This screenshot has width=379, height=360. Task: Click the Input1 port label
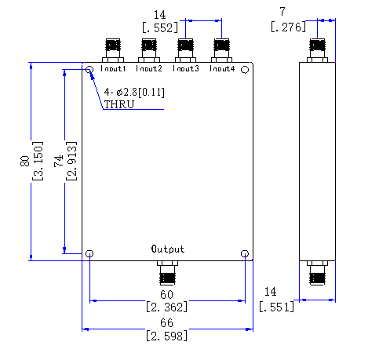(113, 68)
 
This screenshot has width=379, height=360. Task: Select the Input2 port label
(149, 68)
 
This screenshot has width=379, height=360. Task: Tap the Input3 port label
(186, 68)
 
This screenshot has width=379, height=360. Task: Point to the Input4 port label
(222, 68)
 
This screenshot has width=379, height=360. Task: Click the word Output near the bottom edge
(168, 249)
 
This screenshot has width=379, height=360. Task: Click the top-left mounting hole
(89, 70)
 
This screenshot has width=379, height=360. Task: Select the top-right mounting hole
(245, 70)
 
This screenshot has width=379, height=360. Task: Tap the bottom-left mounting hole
(89, 253)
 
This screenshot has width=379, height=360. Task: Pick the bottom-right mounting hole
(245, 253)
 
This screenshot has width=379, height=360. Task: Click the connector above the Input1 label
(113, 50)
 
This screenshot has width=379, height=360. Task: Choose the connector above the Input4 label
(221, 50)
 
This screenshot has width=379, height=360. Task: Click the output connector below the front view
(167, 273)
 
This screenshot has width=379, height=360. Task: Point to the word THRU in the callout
(119, 104)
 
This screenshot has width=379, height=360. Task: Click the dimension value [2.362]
(167, 307)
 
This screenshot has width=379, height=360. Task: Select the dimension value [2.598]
(167, 336)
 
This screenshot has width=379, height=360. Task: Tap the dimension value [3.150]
(38, 161)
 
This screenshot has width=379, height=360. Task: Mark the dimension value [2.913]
(71, 161)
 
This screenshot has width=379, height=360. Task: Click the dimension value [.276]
(288, 27)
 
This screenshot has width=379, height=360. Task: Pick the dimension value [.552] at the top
(160, 27)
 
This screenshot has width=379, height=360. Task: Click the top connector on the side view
(317, 50)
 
